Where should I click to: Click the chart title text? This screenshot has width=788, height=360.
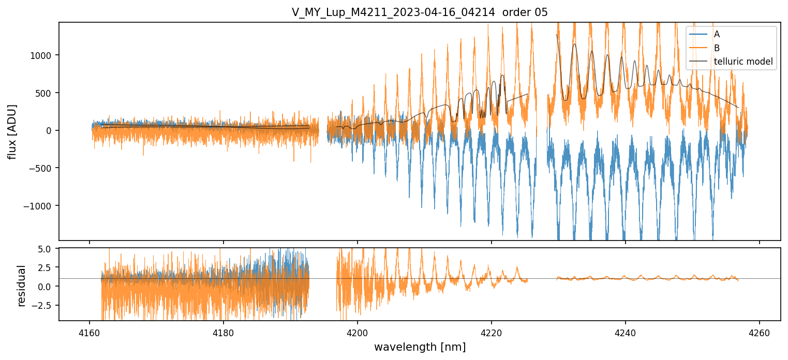(x=420, y=12)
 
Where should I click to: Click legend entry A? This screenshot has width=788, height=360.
(x=717, y=34)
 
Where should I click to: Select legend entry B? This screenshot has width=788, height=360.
(x=717, y=48)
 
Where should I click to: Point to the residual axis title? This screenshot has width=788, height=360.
(x=21, y=286)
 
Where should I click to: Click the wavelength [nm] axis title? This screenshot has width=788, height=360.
(x=420, y=347)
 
